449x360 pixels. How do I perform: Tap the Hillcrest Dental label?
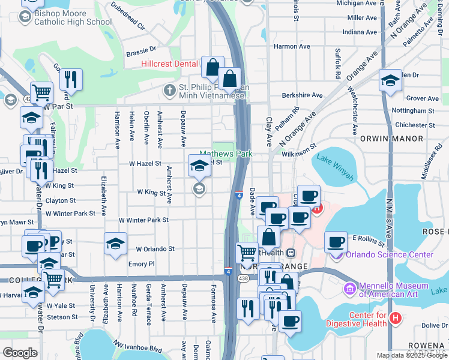click(x=169, y=64)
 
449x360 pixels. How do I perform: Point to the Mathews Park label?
click(x=226, y=154)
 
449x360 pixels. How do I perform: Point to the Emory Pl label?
click(x=142, y=263)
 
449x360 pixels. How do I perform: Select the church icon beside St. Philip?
click(x=170, y=91)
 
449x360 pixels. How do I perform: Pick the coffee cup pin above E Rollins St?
click(x=336, y=242)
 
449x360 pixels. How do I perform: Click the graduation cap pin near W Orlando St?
click(x=115, y=244)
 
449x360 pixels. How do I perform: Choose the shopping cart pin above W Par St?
click(x=41, y=92)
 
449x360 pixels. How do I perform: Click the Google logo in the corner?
click(x=20, y=353)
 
